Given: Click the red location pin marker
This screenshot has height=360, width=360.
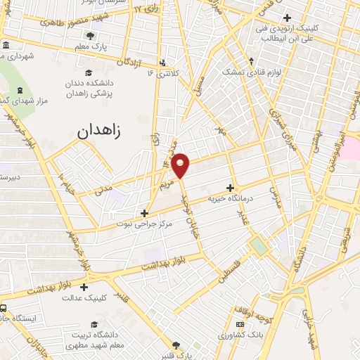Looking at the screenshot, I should tap(181, 165).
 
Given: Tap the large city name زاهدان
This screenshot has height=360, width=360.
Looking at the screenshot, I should tap(105, 129).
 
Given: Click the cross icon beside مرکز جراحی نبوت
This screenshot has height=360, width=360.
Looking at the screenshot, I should tap(144, 212).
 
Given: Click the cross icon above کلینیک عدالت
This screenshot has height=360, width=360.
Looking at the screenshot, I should tap(84, 287).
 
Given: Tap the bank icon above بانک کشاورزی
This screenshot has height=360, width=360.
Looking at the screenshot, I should tap(240, 324).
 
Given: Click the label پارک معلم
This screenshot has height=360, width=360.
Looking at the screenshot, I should tap(89, 46).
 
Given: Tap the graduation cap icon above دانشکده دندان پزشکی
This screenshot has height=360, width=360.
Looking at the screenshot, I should tap(89, 73).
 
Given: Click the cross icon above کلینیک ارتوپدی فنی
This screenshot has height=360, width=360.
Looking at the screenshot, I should tap(285, 18).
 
